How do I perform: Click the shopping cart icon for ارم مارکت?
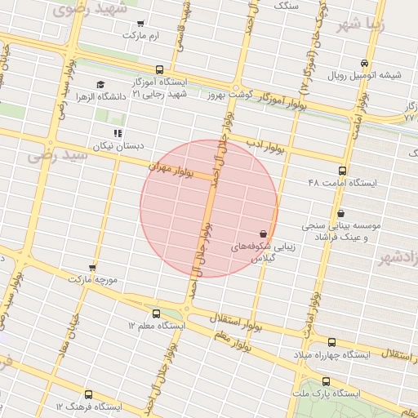142,23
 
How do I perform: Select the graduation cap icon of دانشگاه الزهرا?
100,84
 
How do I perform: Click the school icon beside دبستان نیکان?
118,132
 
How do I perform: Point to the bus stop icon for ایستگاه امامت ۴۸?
342,171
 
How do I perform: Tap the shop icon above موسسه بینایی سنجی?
340,213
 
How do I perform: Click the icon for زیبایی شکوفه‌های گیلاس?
262,233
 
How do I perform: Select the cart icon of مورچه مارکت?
92,267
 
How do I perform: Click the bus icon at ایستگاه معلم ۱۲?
156,313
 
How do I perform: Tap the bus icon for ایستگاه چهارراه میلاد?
331,343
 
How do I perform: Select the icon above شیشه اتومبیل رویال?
364,63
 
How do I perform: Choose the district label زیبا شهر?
382,20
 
